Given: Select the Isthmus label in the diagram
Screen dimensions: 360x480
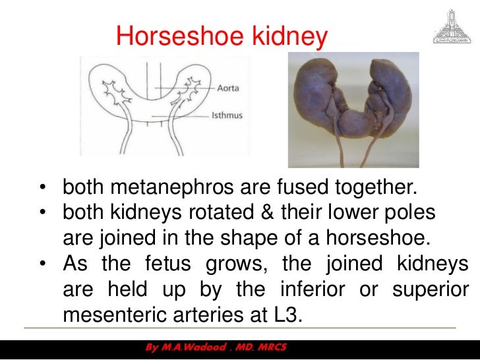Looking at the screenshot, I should click(227, 115).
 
